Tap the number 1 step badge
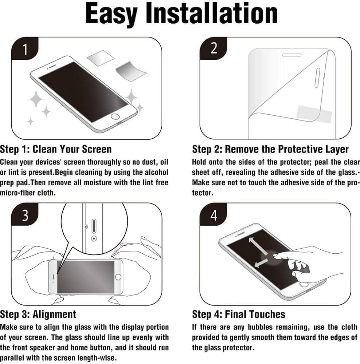(25, 50)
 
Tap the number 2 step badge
(214, 48)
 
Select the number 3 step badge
(25, 215)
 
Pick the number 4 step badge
(214, 215)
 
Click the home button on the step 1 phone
(115, 116)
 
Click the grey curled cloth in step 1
(130, 71)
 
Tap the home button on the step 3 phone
(118, 277)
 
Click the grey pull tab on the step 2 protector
(314, 114)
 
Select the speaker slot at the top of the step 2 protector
(291, 55)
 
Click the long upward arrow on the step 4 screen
(258, 246)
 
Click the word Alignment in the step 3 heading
(54, 314)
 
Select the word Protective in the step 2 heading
(300, 149)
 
